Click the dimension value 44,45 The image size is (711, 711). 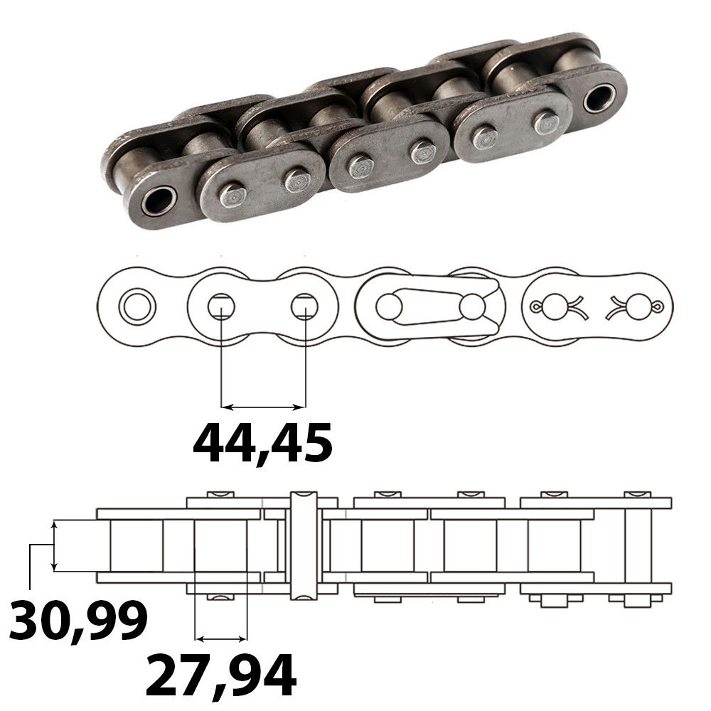click(262, 443)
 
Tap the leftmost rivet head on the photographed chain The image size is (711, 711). click(230, 194)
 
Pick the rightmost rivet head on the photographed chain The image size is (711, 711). click(546, 122)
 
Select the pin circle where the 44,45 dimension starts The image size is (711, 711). click(221, 307)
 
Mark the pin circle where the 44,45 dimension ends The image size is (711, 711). click(304, 307)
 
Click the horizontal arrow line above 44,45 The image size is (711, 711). click(262, 407)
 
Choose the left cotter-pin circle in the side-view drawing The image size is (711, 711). click(553, 307)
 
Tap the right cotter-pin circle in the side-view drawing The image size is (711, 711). click(638, 307)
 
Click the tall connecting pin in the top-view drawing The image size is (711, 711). click(302, 544)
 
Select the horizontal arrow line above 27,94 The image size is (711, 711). click(220, 636)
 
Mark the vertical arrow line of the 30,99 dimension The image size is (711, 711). click(54, 545)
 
